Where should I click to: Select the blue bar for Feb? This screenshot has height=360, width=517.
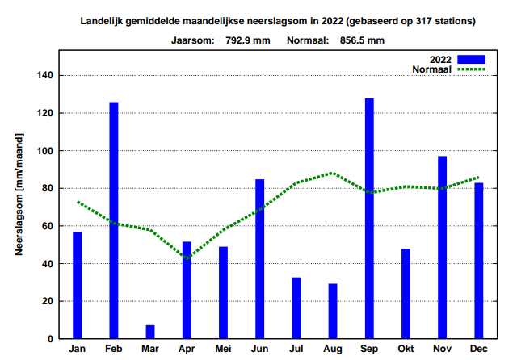click(x=114, y=220)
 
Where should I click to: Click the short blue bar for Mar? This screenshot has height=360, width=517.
click(x=150, y=332)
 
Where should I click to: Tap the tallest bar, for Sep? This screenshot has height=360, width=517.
click(x=369, y=218)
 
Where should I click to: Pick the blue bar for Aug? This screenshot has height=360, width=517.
click(x=333, y=311)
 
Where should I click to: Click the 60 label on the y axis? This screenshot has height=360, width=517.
click(x=45, y=226)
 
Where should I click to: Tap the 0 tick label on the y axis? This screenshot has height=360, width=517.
click(x=49, y=339)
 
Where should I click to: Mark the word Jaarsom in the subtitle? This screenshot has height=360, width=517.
click(x=191, y=39)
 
